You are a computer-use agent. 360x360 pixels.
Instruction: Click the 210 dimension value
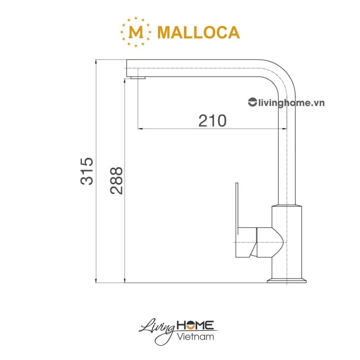click(212, 120)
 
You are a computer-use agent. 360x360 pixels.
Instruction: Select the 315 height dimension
click(87, 171)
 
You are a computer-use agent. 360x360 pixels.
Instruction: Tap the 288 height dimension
click(117, 181)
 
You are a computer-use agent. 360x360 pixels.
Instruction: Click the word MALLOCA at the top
click(198, 32)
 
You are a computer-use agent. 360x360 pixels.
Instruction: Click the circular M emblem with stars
click(136, 32)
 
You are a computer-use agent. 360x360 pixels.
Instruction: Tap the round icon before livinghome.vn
click(252, 102)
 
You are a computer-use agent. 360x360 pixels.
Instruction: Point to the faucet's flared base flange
click(287, 279)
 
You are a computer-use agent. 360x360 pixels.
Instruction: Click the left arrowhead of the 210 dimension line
click(140, 129)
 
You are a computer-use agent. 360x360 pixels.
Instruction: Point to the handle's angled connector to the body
click(269, 242)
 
